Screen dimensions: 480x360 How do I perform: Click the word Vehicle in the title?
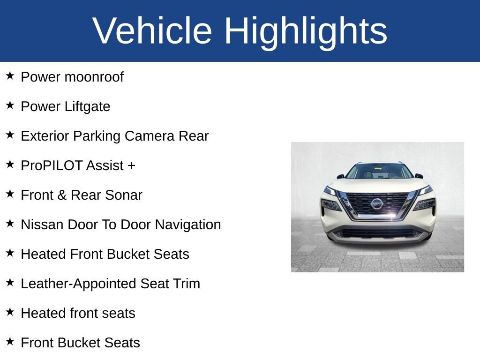coord(152,30)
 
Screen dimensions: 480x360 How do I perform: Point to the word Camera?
coord(150,136)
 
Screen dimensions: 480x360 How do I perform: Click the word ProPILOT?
coord(52,165)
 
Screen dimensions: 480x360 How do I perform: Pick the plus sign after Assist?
coord(131,165)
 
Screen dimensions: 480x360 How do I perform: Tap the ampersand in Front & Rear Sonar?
coord(62,195)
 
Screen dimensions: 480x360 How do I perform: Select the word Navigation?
coord(188,225)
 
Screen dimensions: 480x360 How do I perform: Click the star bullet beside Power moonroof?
coord(10,75)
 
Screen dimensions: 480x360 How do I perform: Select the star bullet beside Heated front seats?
coord(10,312)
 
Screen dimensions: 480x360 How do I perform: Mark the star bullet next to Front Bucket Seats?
coord(10,341)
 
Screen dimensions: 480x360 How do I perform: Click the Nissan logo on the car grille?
coord(377,204)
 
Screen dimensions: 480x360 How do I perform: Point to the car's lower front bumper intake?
coord(379,233)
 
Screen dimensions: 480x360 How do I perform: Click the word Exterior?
coord(45,136)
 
